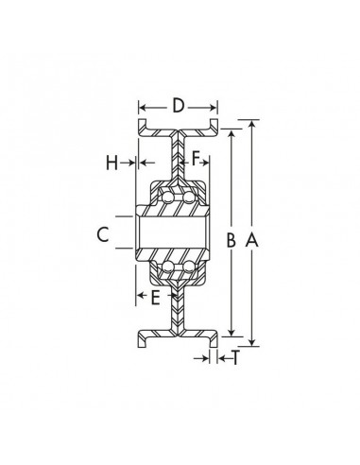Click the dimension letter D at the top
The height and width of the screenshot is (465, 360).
click(178, 106)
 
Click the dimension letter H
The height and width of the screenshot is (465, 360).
click(112, 162)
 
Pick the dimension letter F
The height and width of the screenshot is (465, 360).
click(197, 159)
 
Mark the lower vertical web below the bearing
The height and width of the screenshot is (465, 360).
click(177, 312)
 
